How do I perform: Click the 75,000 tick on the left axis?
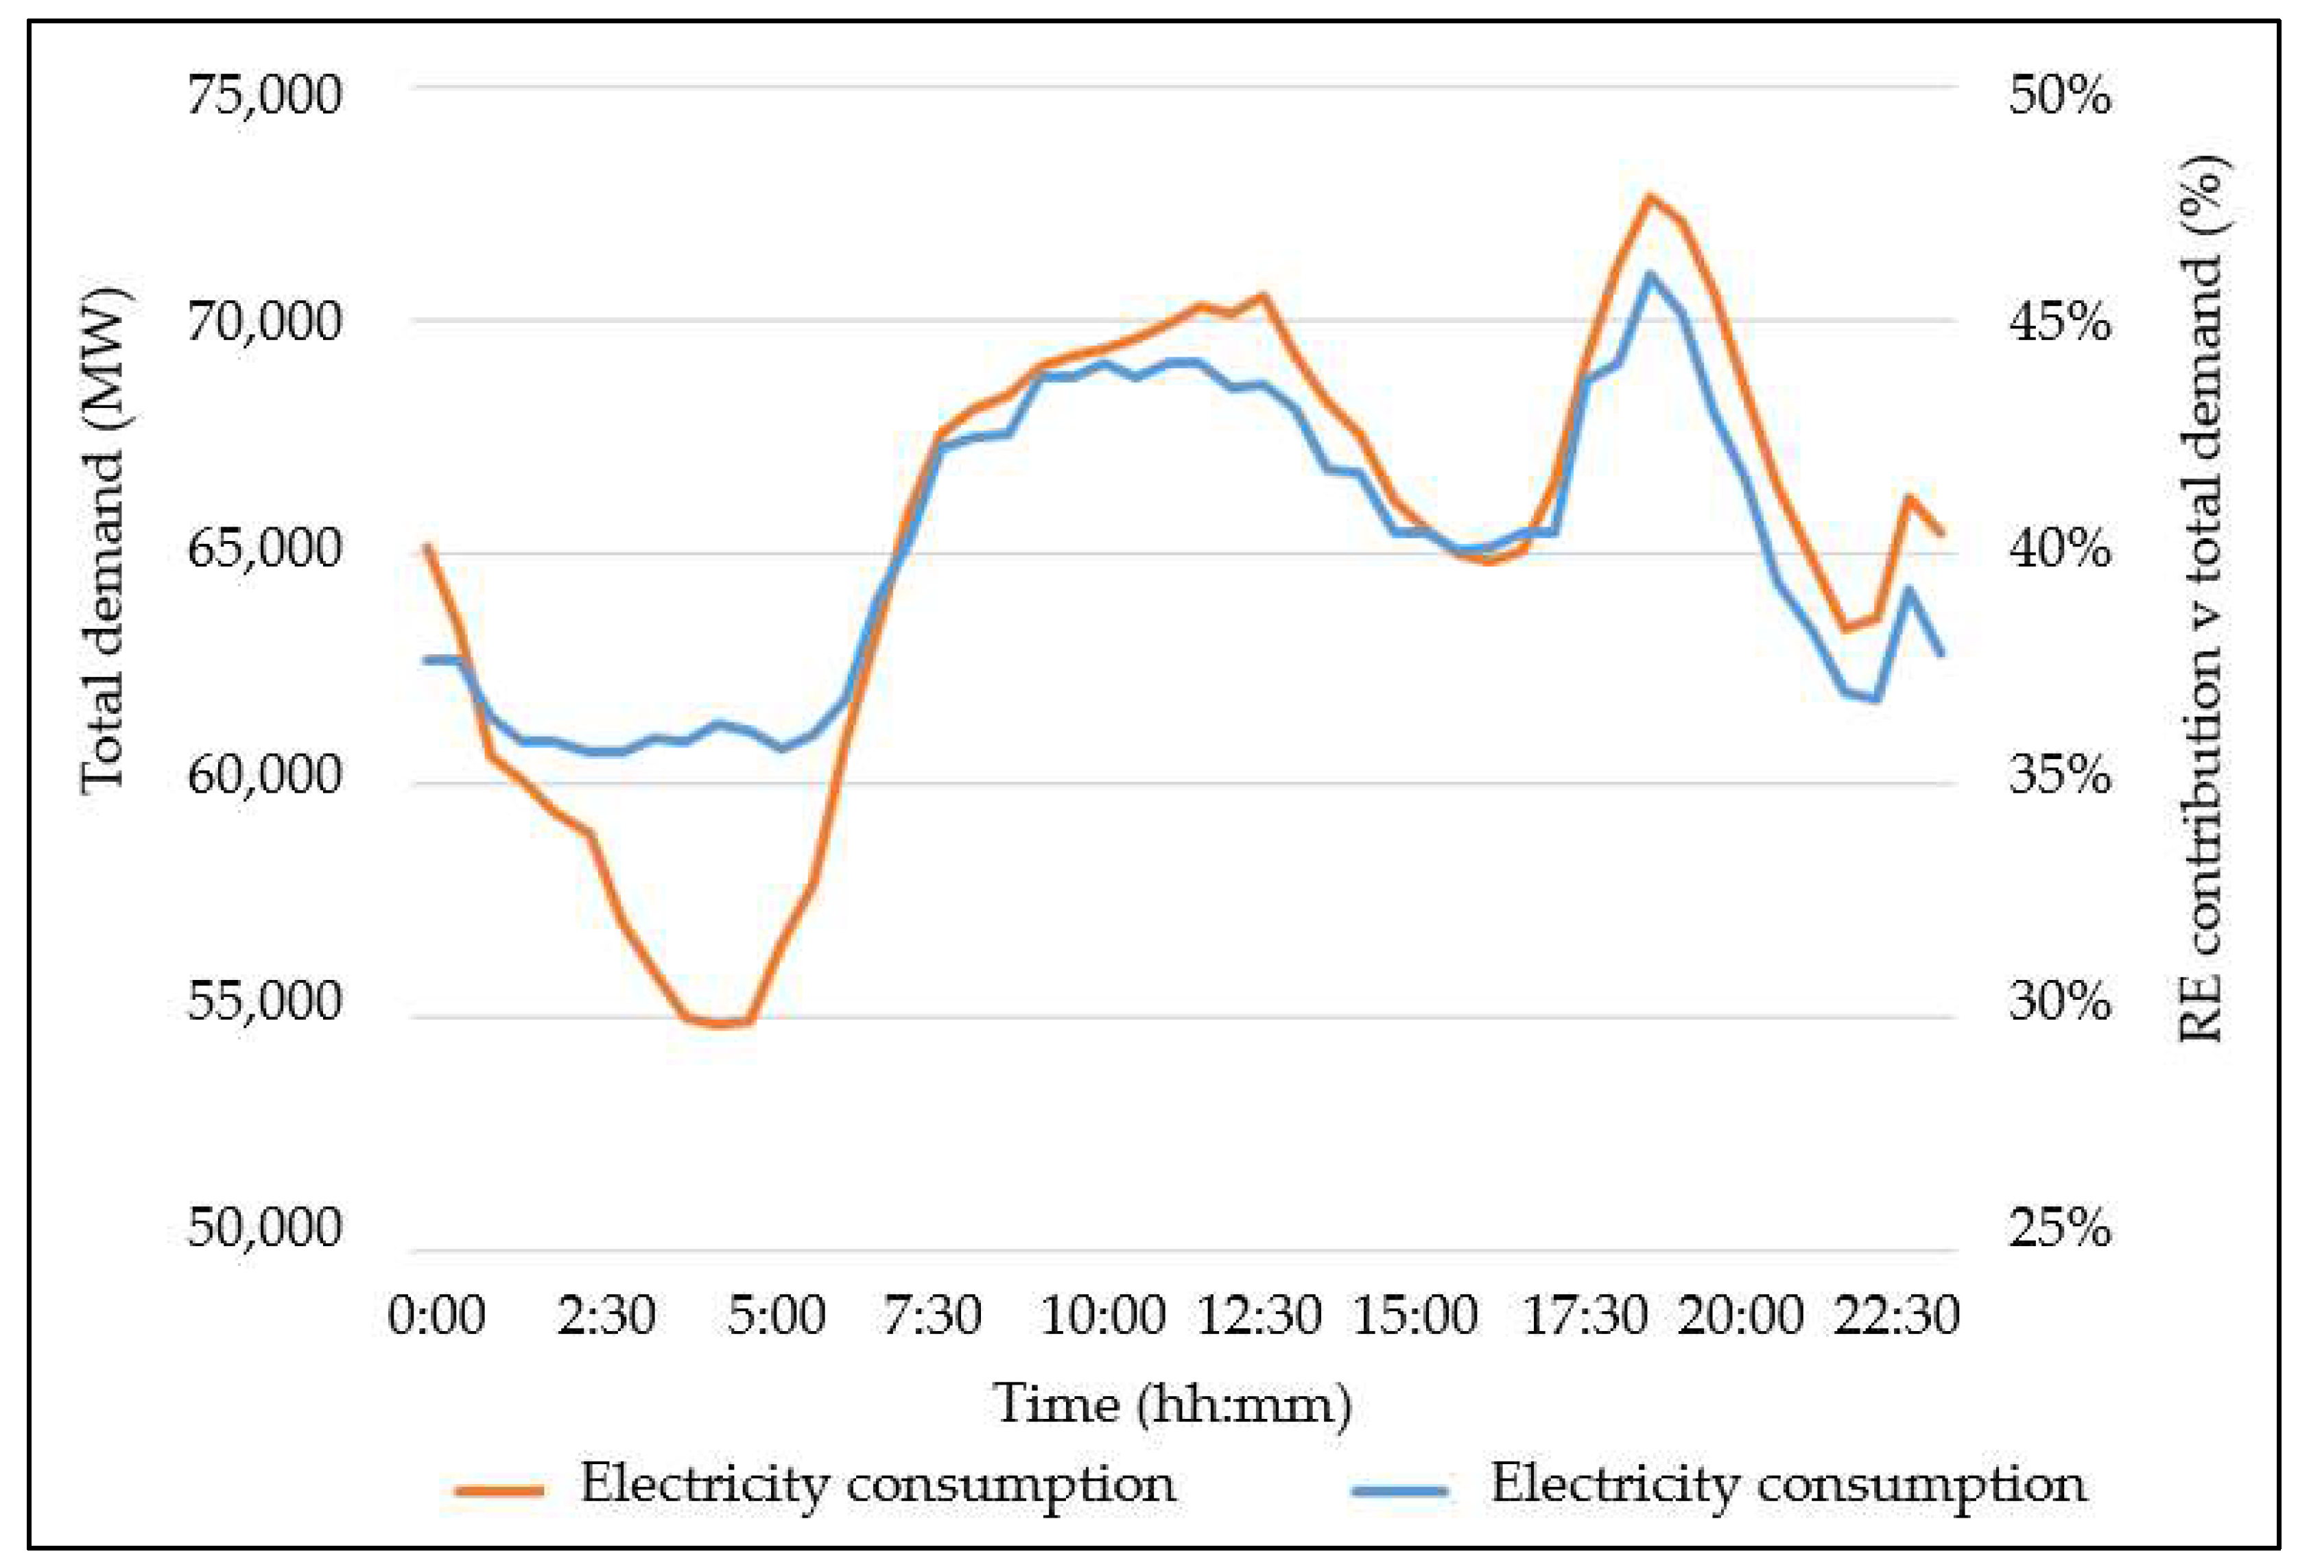264,96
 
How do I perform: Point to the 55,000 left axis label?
264,1001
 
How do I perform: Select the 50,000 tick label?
264,1228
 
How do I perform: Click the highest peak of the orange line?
1648,195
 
